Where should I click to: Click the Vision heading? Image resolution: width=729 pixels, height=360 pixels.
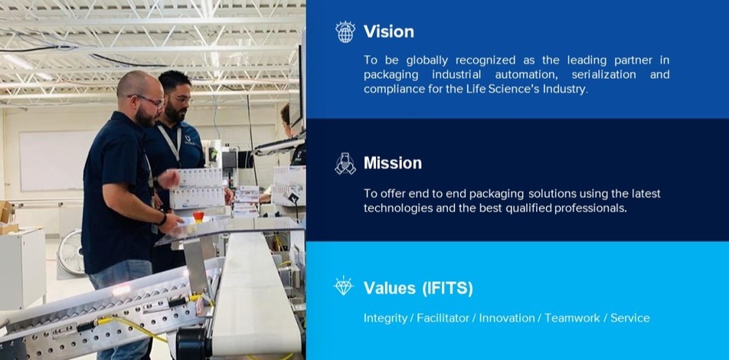tap(389, 31)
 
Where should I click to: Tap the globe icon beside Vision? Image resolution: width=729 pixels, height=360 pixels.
tap(345, 31)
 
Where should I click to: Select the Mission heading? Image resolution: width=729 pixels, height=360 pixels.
tap(393, 163)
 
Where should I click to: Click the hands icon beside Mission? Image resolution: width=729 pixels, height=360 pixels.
tap(345, 163)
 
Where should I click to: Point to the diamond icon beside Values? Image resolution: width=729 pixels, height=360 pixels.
tap(344, 286)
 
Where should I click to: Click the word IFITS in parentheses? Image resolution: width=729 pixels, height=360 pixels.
tap(448, 288)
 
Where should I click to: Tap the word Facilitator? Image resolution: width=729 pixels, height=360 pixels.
tap(443, 318)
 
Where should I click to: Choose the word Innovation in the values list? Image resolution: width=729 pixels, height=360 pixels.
tap(507, 318)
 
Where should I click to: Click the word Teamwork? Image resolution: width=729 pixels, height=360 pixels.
tap(572, 318)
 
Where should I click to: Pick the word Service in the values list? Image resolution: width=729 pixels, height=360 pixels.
tap(630, 318)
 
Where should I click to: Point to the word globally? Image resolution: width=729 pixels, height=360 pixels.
tap(427, 61)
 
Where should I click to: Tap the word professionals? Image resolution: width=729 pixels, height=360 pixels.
tap(590, 208)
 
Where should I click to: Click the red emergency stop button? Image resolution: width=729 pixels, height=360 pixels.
tap(198, 216)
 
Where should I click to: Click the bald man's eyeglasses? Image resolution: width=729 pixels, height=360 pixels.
tap(148, 100)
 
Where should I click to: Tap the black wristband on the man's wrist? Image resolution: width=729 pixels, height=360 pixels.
tap(162, 219)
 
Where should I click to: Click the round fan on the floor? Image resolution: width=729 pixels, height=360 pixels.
tap(70, 252)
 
